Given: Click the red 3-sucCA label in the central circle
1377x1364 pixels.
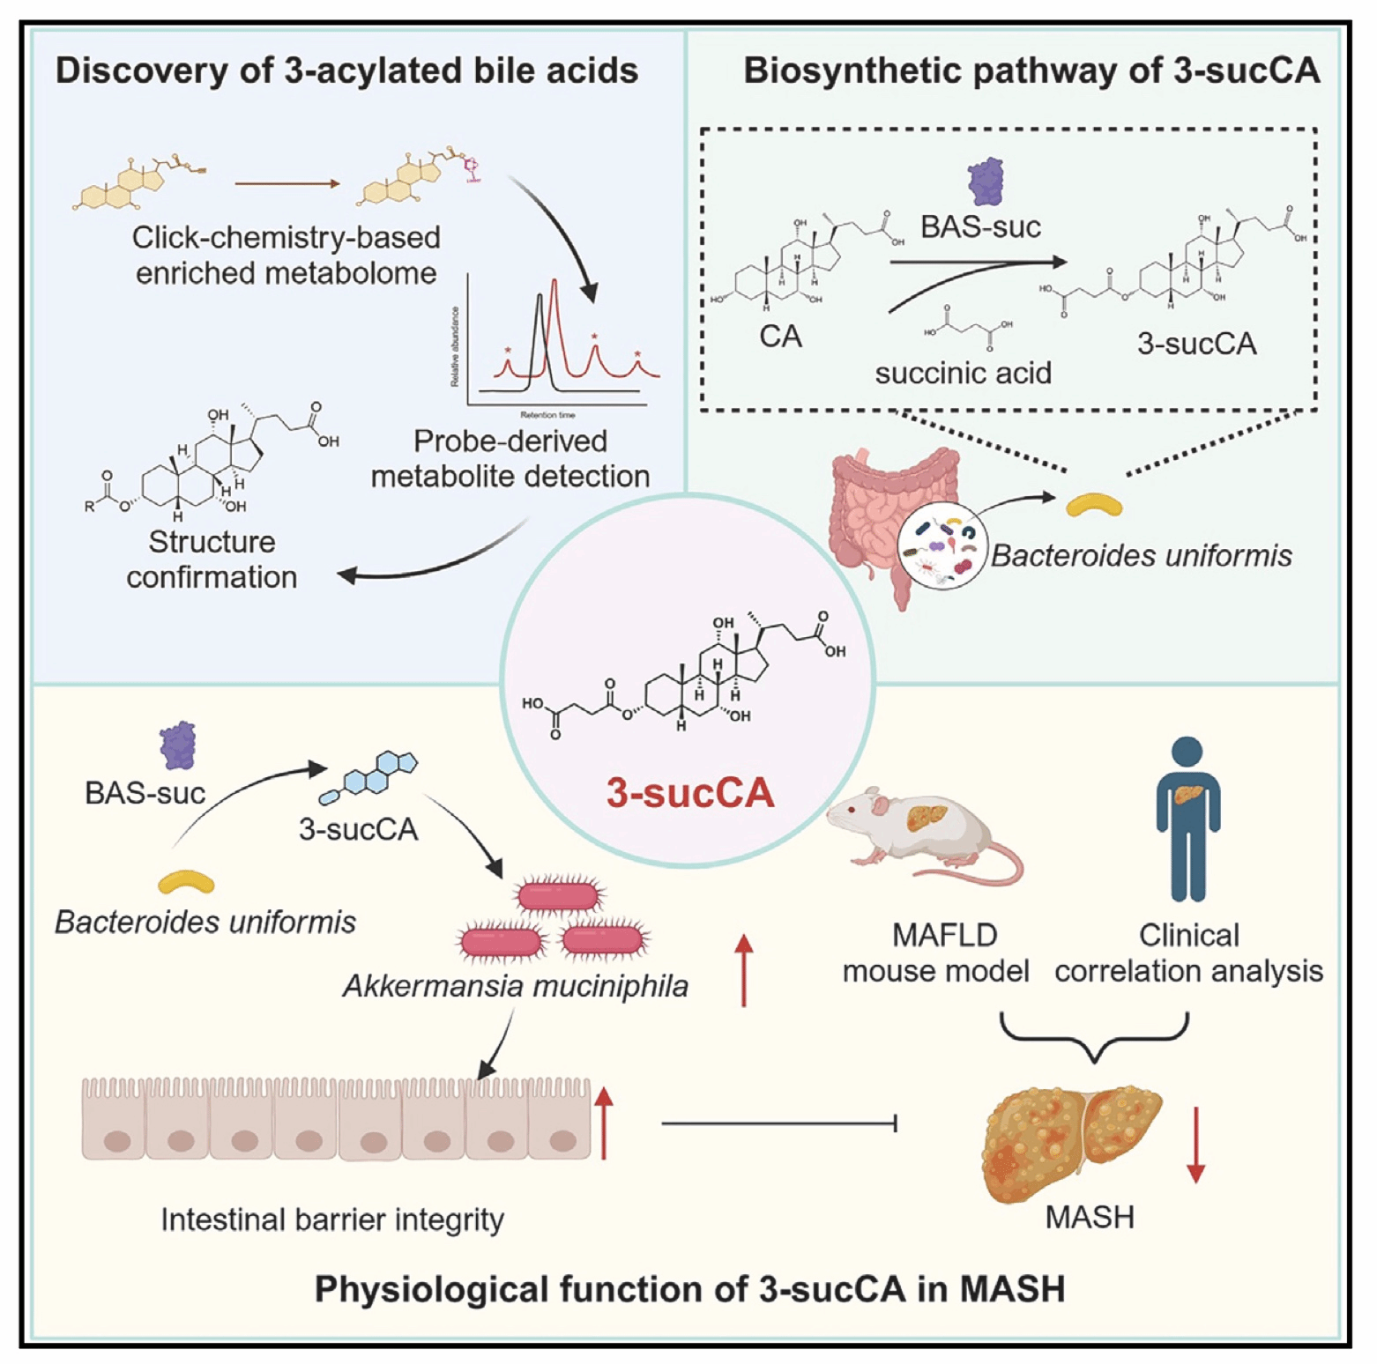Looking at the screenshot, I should tap(689, 792).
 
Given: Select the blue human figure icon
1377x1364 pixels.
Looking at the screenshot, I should tap(1187, 819).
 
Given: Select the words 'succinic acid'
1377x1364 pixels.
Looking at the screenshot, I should tap(963, 373).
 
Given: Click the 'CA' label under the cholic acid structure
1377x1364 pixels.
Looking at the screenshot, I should tap(780, 336).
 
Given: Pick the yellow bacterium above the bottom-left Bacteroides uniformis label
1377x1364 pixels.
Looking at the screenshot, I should tap(186, 882).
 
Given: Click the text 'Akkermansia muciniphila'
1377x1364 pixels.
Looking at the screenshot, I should tap(515, 986).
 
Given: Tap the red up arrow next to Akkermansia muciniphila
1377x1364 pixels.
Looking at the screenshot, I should tap(744, 969).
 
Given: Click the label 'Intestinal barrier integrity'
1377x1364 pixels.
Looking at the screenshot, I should tap(332, 1219).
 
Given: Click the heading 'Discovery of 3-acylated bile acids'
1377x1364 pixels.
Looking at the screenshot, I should tap(346, 70).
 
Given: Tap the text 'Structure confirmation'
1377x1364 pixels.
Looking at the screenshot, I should tap(212, 559).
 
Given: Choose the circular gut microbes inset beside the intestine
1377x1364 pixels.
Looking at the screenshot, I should tap(942, 546).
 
